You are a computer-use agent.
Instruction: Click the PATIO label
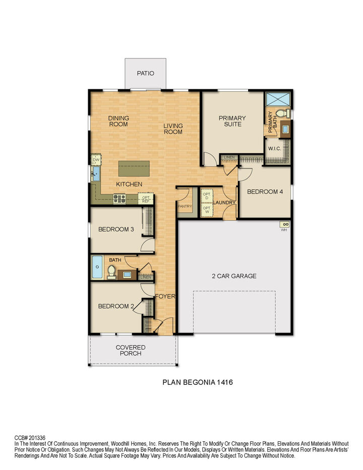click(x=145, y=74)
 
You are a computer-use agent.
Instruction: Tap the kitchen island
click(x=134, y=168)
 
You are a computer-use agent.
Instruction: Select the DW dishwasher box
click(x=96, y=160)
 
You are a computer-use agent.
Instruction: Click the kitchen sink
click(x=96, y=175)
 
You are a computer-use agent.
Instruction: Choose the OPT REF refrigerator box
click(x=146, y=199)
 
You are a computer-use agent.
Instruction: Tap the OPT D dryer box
click(x=206, y=195)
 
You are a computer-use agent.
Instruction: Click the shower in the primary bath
click(x=278, y=98)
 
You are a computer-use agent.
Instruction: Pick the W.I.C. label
click(x=275, y=149)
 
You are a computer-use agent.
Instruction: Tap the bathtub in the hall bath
click(x=97, y=267)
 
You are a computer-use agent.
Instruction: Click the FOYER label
click(x=165, y=297)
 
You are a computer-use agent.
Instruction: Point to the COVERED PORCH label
click(x=131, y=350)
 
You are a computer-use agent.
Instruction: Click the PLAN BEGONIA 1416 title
click(x=197, y=383)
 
